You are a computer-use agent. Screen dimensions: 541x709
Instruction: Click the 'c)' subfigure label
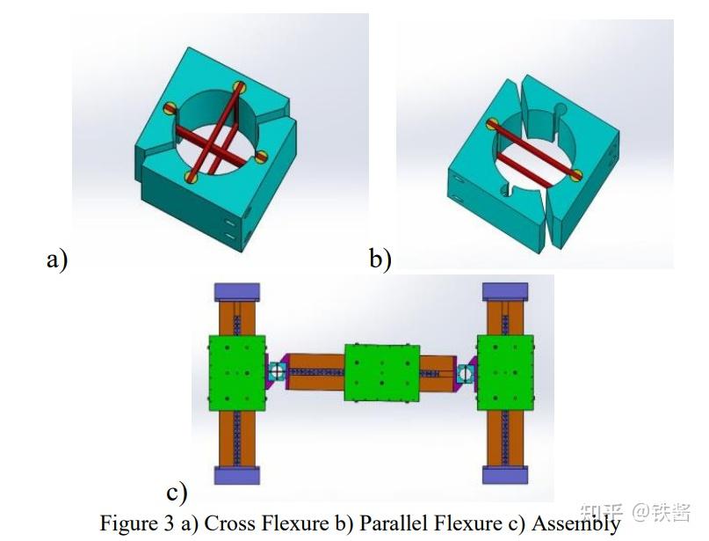(177, 491)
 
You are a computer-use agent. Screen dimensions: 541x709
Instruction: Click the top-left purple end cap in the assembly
(236, 293)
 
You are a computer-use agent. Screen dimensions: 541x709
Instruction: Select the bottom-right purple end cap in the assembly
(504, 475)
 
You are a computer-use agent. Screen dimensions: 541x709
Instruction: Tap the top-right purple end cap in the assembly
(504, 293)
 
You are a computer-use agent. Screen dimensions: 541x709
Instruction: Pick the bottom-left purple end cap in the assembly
(236, 475)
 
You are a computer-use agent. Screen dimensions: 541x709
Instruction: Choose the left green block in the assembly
(236, 372)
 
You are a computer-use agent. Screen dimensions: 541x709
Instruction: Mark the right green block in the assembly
(504, 372)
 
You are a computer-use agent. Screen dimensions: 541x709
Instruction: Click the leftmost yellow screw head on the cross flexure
(170, 109)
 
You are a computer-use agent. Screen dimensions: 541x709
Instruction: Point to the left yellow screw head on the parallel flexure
(493, 124)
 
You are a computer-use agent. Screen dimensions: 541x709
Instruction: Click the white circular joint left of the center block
(278, 371)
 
